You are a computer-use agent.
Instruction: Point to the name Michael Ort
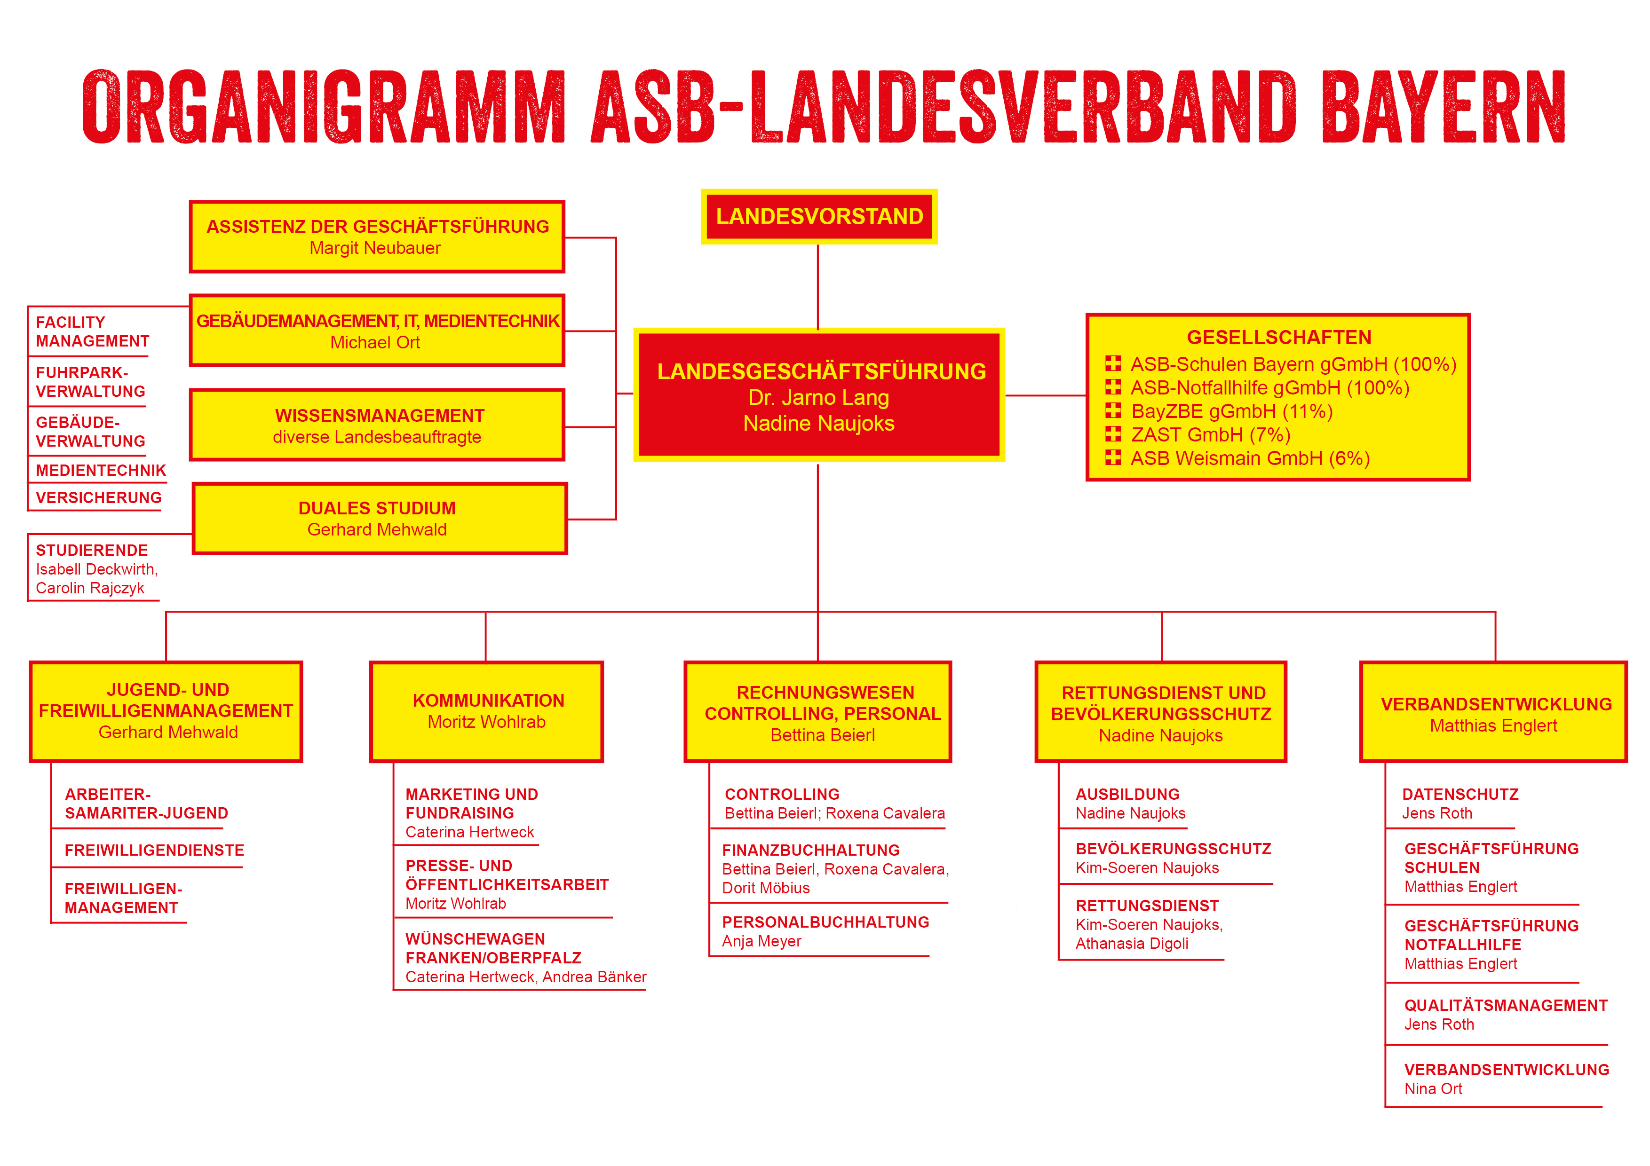tap(375, 343)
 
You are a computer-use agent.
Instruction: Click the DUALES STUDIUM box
tap(380, 518)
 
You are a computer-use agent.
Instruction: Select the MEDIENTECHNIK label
tap(101, 471)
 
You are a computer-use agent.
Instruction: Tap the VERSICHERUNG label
tap(98, 498)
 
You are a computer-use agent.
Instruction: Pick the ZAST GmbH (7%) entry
tap(1210, 434)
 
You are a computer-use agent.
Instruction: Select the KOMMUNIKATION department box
tap(486, 711)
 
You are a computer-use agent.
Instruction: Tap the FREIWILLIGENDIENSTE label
tap(154, 851)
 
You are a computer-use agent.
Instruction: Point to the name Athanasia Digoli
tap(1132, 944)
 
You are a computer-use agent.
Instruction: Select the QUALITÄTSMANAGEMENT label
tap(1506, 1006)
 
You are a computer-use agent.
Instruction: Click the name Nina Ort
tap(1433, 1089)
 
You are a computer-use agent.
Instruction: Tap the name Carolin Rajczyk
tap(90, 588)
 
